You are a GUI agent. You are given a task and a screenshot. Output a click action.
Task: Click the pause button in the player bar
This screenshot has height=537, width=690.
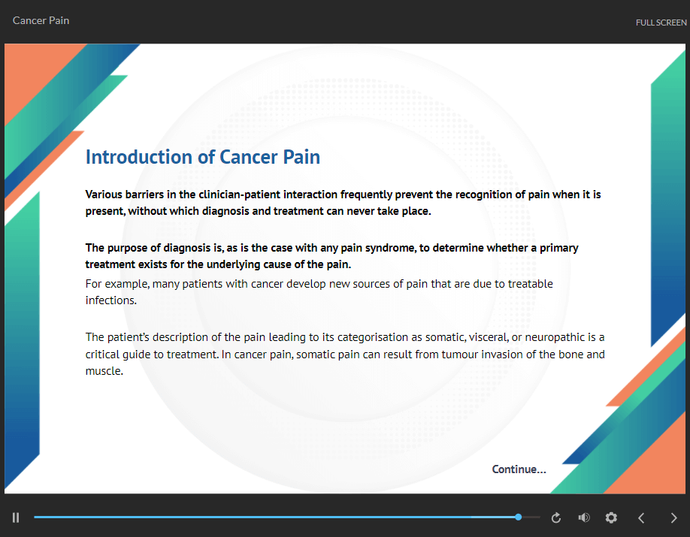pyautogui.click(x=16, y=517)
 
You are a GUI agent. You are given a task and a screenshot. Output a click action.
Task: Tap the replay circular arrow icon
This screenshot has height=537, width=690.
pyautogui.click(x=556, y=517)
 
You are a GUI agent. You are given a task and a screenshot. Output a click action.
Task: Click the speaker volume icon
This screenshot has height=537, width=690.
pyautogui.click(x=584, y=517)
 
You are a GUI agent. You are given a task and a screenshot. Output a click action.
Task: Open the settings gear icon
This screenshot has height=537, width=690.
pyautogui.click(x=611, y=517)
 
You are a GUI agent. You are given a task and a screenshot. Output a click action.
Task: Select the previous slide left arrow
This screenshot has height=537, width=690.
pyautogui.click(x=641, y=518)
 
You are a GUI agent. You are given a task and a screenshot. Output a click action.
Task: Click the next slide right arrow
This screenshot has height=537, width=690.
pyautogui.click(x=673, y=518)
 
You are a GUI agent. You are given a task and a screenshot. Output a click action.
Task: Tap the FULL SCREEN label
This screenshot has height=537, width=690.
pyautogui.click(x=661, y=23)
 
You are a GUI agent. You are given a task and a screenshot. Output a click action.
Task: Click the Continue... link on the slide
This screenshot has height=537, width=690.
pyautogui.click(x=519, y=469)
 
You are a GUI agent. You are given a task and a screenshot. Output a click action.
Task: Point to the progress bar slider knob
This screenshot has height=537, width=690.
pyautogui.click(x=519, y=517)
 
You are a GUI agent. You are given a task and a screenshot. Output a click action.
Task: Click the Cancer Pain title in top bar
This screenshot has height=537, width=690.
pyautogui.click(x=41, y=21)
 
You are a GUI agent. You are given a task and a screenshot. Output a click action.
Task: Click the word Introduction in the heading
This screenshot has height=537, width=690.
pyautogui.click(x=138, y=157)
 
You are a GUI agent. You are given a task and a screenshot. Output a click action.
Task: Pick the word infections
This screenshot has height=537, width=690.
pyautogui.click(x=111, y=300)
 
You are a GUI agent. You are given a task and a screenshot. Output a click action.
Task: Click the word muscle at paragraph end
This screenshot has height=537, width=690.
pyautogui.click(x=104, y=371)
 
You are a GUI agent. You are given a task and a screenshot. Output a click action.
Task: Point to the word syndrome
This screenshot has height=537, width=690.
pyautogui.click(x=390, y=249)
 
